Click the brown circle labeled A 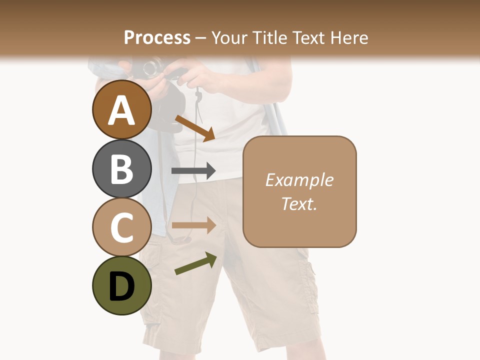pyautogui.click(x=121, y=109)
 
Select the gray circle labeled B pyautogui.click(x=121, y=168)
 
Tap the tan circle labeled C pyautogui.click(x=121, y=227)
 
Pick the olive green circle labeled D pyautogui.click(x=121, y=285)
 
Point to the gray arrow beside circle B pyautogui.click(x=193, y=171)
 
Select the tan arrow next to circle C pyautogui.click(x=193, y=225)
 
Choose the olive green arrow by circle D pyautogui.click(x=195, y=263)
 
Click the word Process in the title pyautogui.click(x=157, y=37)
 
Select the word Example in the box pyautogui.click(x=299, y=180)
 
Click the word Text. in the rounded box pyautogui.click(x=299, y=203)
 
